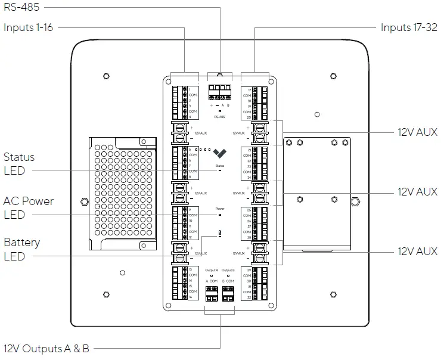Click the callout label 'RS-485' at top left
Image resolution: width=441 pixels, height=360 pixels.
pos(20,8)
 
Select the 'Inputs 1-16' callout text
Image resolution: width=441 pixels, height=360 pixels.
pos(29,27)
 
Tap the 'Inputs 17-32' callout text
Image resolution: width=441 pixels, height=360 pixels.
pos(409,27)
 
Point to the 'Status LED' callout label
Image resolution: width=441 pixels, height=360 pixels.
pos(19,164)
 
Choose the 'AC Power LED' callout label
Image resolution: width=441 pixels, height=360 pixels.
pos(28,208)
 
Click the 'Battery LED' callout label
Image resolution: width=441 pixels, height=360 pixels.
pos(21,249)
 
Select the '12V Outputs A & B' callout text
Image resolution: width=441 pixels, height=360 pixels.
pos(46,349)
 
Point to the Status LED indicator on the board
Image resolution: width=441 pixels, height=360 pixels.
pos(220,170)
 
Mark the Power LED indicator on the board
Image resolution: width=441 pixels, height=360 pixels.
pos(220,215)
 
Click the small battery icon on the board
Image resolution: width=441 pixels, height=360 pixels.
pos(220,233)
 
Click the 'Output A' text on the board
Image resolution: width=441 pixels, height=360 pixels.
pos(212,270)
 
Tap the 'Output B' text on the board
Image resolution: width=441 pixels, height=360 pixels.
pos(229,270)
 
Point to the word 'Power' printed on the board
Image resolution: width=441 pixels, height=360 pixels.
pos(220,209)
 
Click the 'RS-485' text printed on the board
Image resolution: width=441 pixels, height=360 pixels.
pos(220,117)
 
